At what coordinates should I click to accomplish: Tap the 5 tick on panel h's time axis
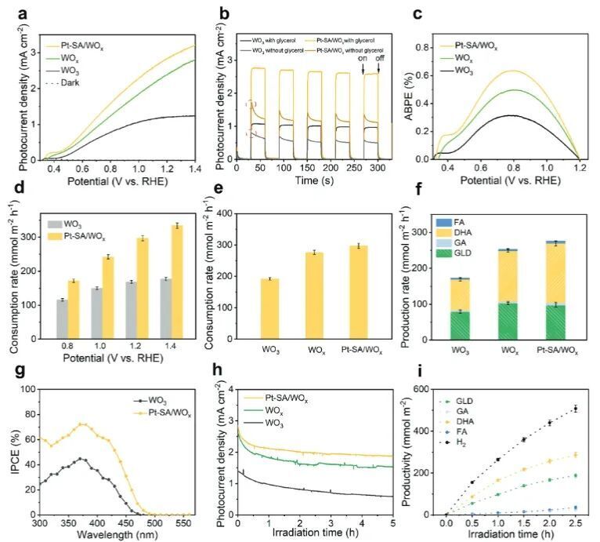pos(392,522)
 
